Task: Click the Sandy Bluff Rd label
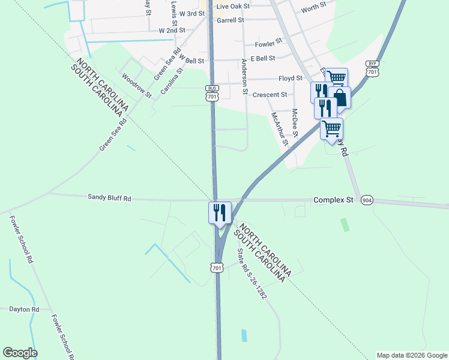(109, 197)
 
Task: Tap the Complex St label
(333, 199)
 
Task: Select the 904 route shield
(367, 200)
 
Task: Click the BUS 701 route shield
(211, 94)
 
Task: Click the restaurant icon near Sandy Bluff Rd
(219, 212)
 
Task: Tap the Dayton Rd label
(24, 310)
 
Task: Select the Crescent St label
(270, 95)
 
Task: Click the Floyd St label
(291, 78)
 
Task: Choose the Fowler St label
(268, 43)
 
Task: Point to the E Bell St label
(263, 58)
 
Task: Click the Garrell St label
(231, 20)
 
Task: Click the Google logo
(20, 353)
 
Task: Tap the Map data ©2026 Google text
(411, 355)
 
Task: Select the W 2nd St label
(172, 30)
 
